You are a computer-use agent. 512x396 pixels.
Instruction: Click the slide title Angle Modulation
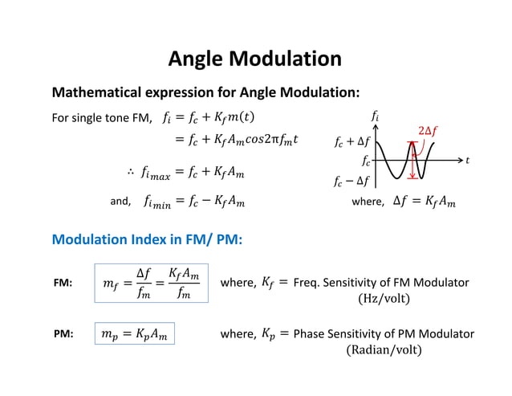[x=254, y=59]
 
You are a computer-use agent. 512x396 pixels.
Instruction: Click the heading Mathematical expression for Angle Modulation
[x=205, y=92]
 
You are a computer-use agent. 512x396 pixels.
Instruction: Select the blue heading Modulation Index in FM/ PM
[x=148, y=239]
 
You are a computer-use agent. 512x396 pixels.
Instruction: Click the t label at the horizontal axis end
[x=468, y=161]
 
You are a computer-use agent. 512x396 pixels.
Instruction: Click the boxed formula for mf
[x=151, y=284]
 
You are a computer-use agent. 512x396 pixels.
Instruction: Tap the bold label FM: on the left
[x=62, y=284]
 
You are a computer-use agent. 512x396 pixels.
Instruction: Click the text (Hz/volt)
[x=384, y=299]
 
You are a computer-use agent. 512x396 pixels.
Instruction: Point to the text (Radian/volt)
[x=384, y=349]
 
